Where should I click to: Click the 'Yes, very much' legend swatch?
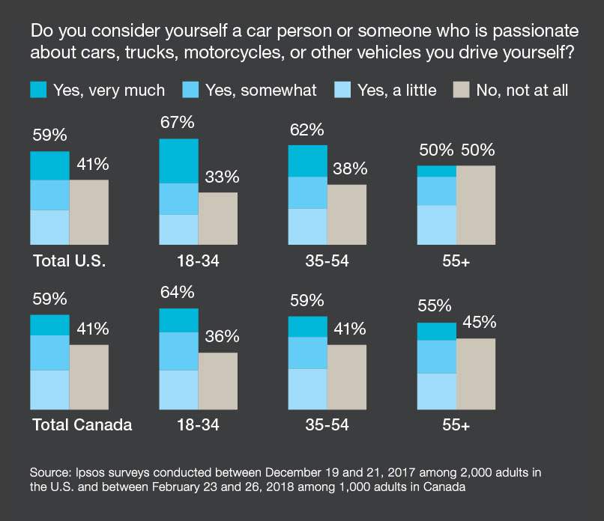click(x=38, y=91)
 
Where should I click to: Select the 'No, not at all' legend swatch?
click(x=462, y=91)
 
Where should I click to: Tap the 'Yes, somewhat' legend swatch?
click(x=190, y=91)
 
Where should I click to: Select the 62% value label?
click(x=308, y=130)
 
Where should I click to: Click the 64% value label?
click(x=179, y=292)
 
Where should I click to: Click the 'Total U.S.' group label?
click(x=70, y=261)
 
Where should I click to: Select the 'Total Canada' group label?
click(x=82, y=425)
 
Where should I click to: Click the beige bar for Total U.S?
click(x=89, y=212)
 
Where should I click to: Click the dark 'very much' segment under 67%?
click(x=179, y=161)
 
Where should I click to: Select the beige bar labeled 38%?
click(x=347, y=214)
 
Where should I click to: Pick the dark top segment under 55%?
click(x=437, y=332)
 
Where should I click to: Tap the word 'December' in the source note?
click(x=307, y=472)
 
